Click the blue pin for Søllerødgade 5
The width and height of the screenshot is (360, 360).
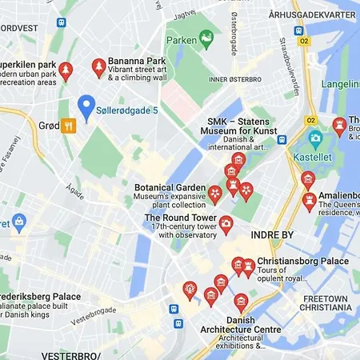click(x=86, y=105)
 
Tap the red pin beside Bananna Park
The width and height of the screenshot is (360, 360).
click(x=99, y=67)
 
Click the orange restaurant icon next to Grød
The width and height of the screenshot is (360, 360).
click(x=69, y=125)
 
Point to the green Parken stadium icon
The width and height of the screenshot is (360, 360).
click(x=207, y=36)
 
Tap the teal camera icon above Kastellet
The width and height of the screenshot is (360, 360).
click(x=315, y=138)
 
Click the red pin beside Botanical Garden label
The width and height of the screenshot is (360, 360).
click(x=214, y=193)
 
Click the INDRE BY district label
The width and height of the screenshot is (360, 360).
click(x=272, y=235)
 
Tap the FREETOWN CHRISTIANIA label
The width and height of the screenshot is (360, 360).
click(x=326, y=304)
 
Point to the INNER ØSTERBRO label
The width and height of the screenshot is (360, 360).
click(x=236, y=78)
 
